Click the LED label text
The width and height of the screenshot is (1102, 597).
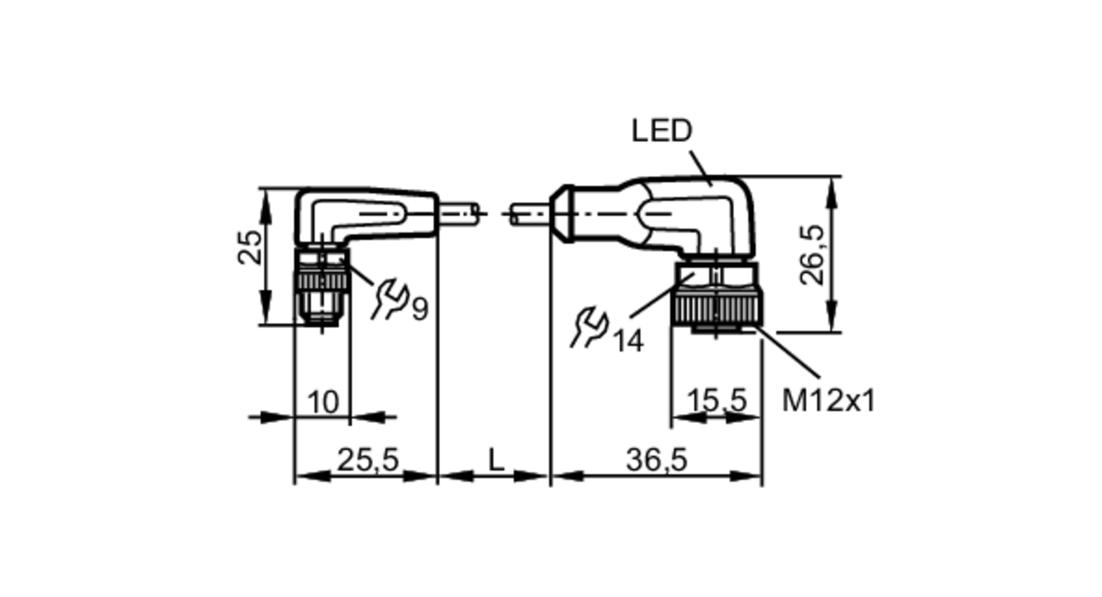pyautogui.click(x=661, y=131)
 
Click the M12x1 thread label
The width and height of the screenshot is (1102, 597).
pyautogui.click(x=828, y=400)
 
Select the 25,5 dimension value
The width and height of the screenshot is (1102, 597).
pyautogui.click(x=367, y=460)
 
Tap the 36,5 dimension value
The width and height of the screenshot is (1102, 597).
pyautogui.click(x=656, y=460)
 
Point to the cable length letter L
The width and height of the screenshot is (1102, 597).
pyautogui.click(x=496, y=460)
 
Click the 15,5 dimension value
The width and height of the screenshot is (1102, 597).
pyautogui.click(x=716, y=400)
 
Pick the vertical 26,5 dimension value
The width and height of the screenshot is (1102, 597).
pyautogui.click(x=813, y=254)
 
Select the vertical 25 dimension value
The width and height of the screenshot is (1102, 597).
pyautogui.click(x=250, y=247)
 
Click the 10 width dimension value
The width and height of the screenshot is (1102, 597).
pyautogui.click(x=323, y=402)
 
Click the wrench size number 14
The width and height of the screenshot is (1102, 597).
pyautogui.click(x=628, y=342)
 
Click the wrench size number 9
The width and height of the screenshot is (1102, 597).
pyautogui.click(x=420, y=310)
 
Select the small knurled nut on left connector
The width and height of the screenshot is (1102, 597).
pyautogui.click(x=322, y=281)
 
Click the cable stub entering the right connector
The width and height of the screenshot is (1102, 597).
pyautogui.click(x=529, y=214)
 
